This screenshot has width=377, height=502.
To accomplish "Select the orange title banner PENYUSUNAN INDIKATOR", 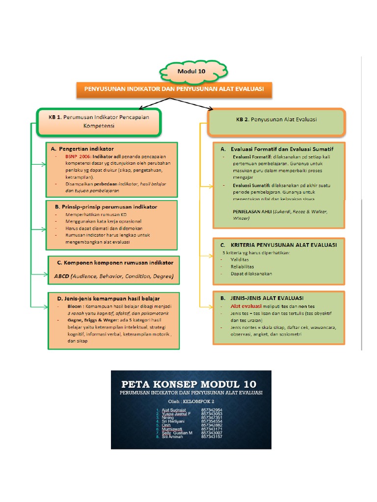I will point(174,89).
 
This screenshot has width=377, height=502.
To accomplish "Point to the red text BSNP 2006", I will point(78,156).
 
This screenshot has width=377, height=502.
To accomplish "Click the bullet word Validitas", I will point(240,259).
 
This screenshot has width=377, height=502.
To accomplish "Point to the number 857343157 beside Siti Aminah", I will point(212,437).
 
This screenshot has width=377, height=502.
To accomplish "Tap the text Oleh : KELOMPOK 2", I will point(191,401).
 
